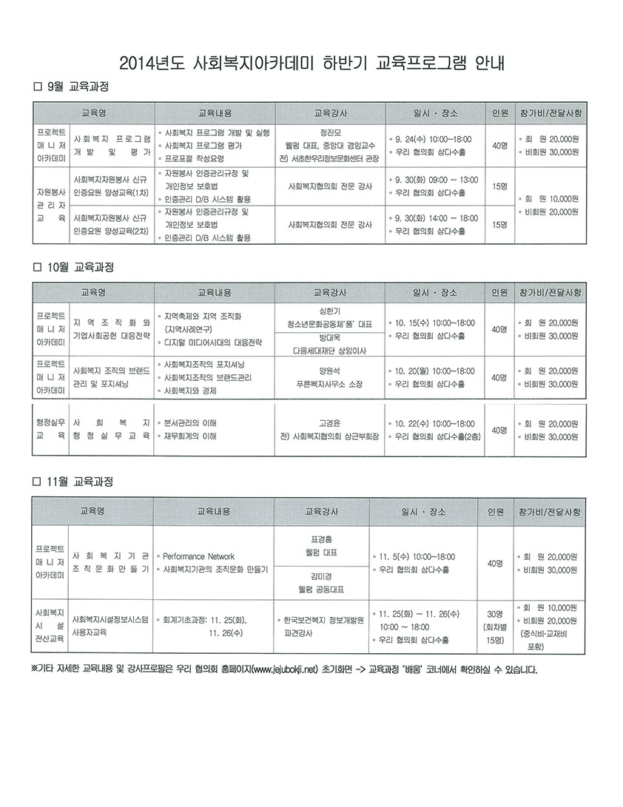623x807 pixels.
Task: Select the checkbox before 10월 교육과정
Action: (x=36, y=266)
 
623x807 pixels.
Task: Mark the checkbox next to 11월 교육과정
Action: (x=36, y=482)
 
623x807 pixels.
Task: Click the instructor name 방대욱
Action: (x=330, y=340)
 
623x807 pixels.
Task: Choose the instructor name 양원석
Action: (x=330, y=371)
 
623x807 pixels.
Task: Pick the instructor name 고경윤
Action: (x=330, y=423)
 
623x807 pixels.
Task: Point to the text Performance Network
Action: (x=198, y=556)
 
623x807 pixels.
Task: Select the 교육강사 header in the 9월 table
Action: (x=330, y=113)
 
